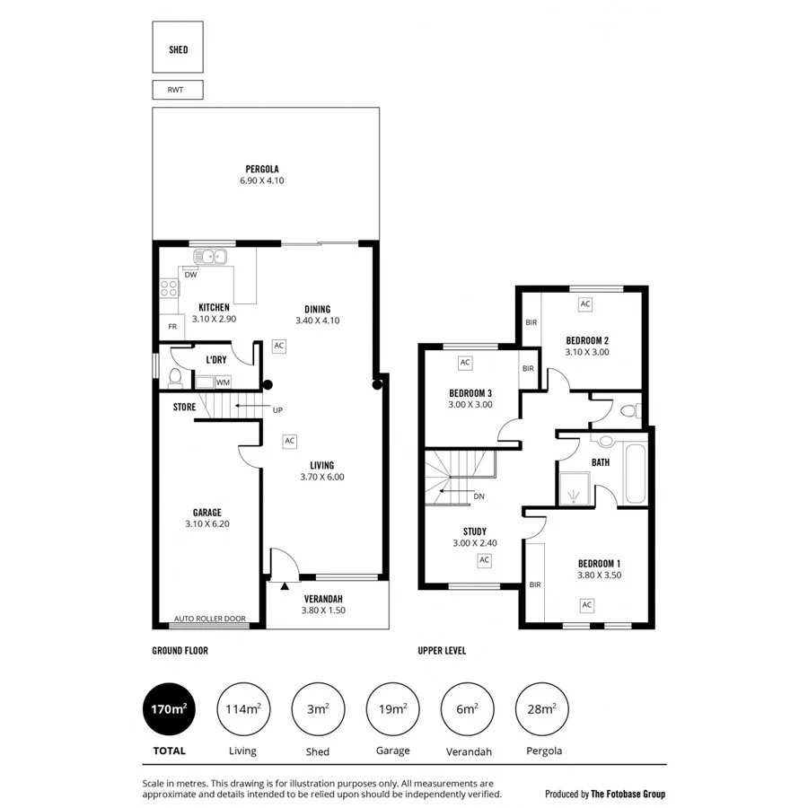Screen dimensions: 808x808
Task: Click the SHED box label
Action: point(178,49)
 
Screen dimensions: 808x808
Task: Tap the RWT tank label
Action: point(178,90)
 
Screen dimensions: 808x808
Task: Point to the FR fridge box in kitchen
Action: point(171,327)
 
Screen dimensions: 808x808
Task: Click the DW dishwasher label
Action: point(190,275)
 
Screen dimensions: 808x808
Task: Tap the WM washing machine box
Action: point(223,382)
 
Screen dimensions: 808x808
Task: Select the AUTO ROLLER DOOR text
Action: point(209,619)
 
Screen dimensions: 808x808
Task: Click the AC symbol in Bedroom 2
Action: point(585,304)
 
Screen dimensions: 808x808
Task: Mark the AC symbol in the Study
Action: point(484,560)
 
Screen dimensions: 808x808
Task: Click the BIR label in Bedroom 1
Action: point(535,584)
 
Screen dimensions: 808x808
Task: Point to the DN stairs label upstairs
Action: point(479,496)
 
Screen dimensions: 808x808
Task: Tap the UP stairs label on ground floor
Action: point(277,409)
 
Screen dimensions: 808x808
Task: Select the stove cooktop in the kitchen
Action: point(168,288)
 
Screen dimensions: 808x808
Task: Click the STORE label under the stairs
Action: point(184,407)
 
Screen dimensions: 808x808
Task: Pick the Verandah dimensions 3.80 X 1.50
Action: point(323,610)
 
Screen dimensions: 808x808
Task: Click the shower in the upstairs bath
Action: point(574,489)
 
